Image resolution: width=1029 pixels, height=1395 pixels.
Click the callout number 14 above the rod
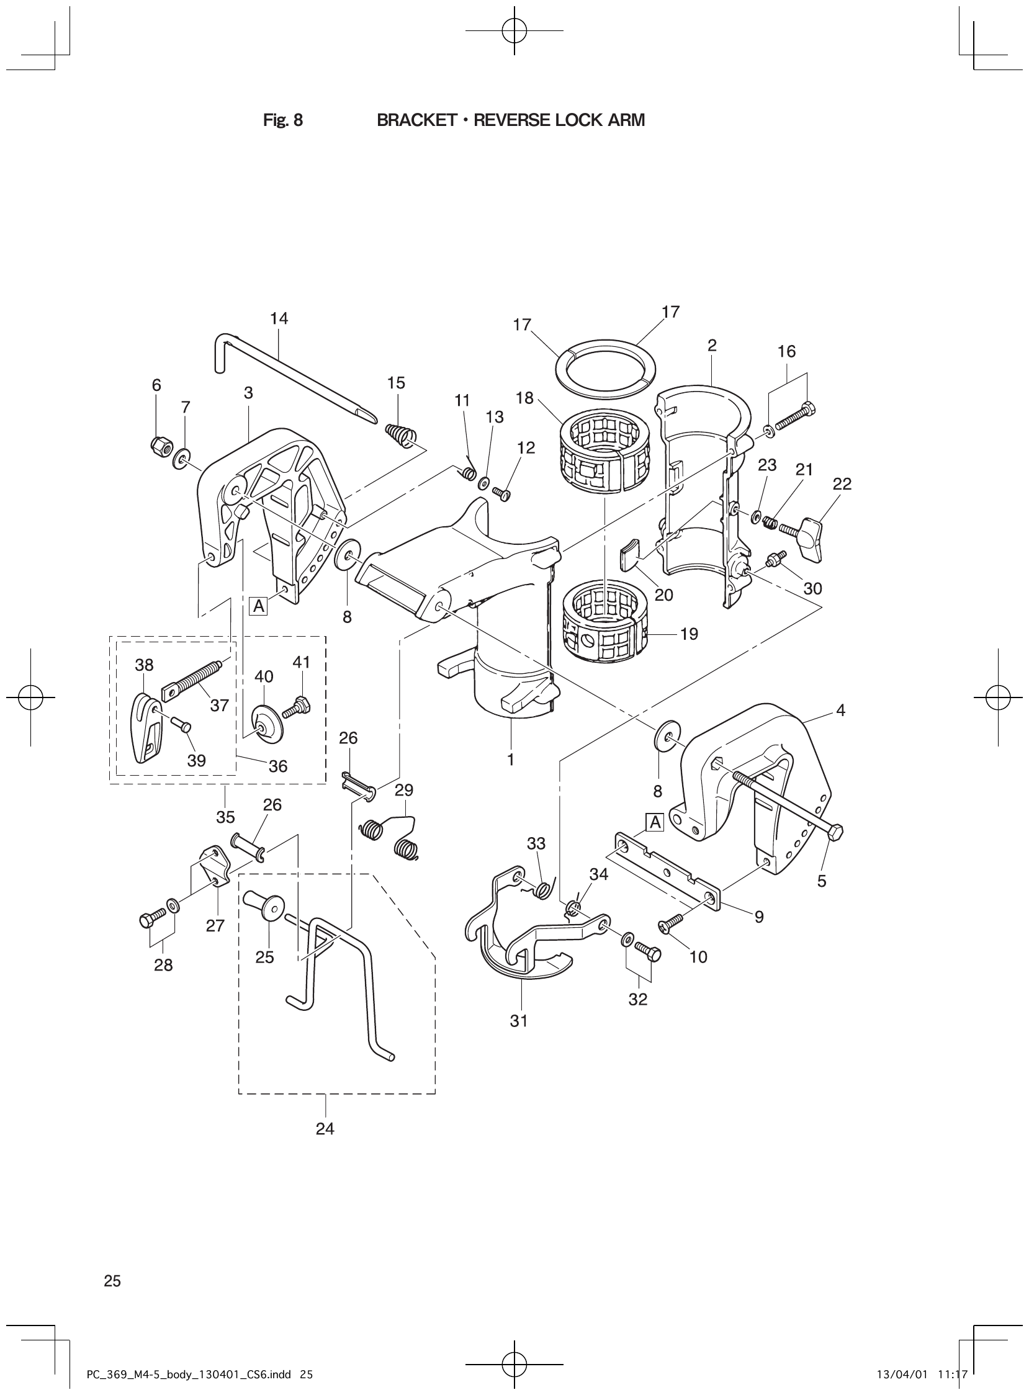(279, 319)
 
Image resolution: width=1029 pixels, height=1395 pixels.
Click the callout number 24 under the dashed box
(325, 1129)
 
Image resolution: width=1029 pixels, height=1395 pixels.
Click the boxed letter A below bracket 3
(258, 606)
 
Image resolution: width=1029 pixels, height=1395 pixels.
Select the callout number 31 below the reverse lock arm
(519, 1021)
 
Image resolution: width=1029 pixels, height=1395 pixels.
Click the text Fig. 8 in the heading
(283, 120)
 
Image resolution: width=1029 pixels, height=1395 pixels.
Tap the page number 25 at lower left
(113, 1281)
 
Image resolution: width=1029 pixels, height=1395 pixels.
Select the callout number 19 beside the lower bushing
(689, 635)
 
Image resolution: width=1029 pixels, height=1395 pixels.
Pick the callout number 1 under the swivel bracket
(511, 760)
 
